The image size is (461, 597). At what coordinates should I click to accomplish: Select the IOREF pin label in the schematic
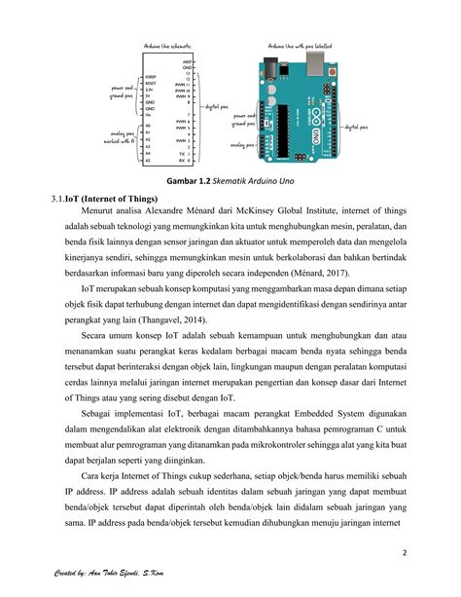[x=151, y=76]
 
